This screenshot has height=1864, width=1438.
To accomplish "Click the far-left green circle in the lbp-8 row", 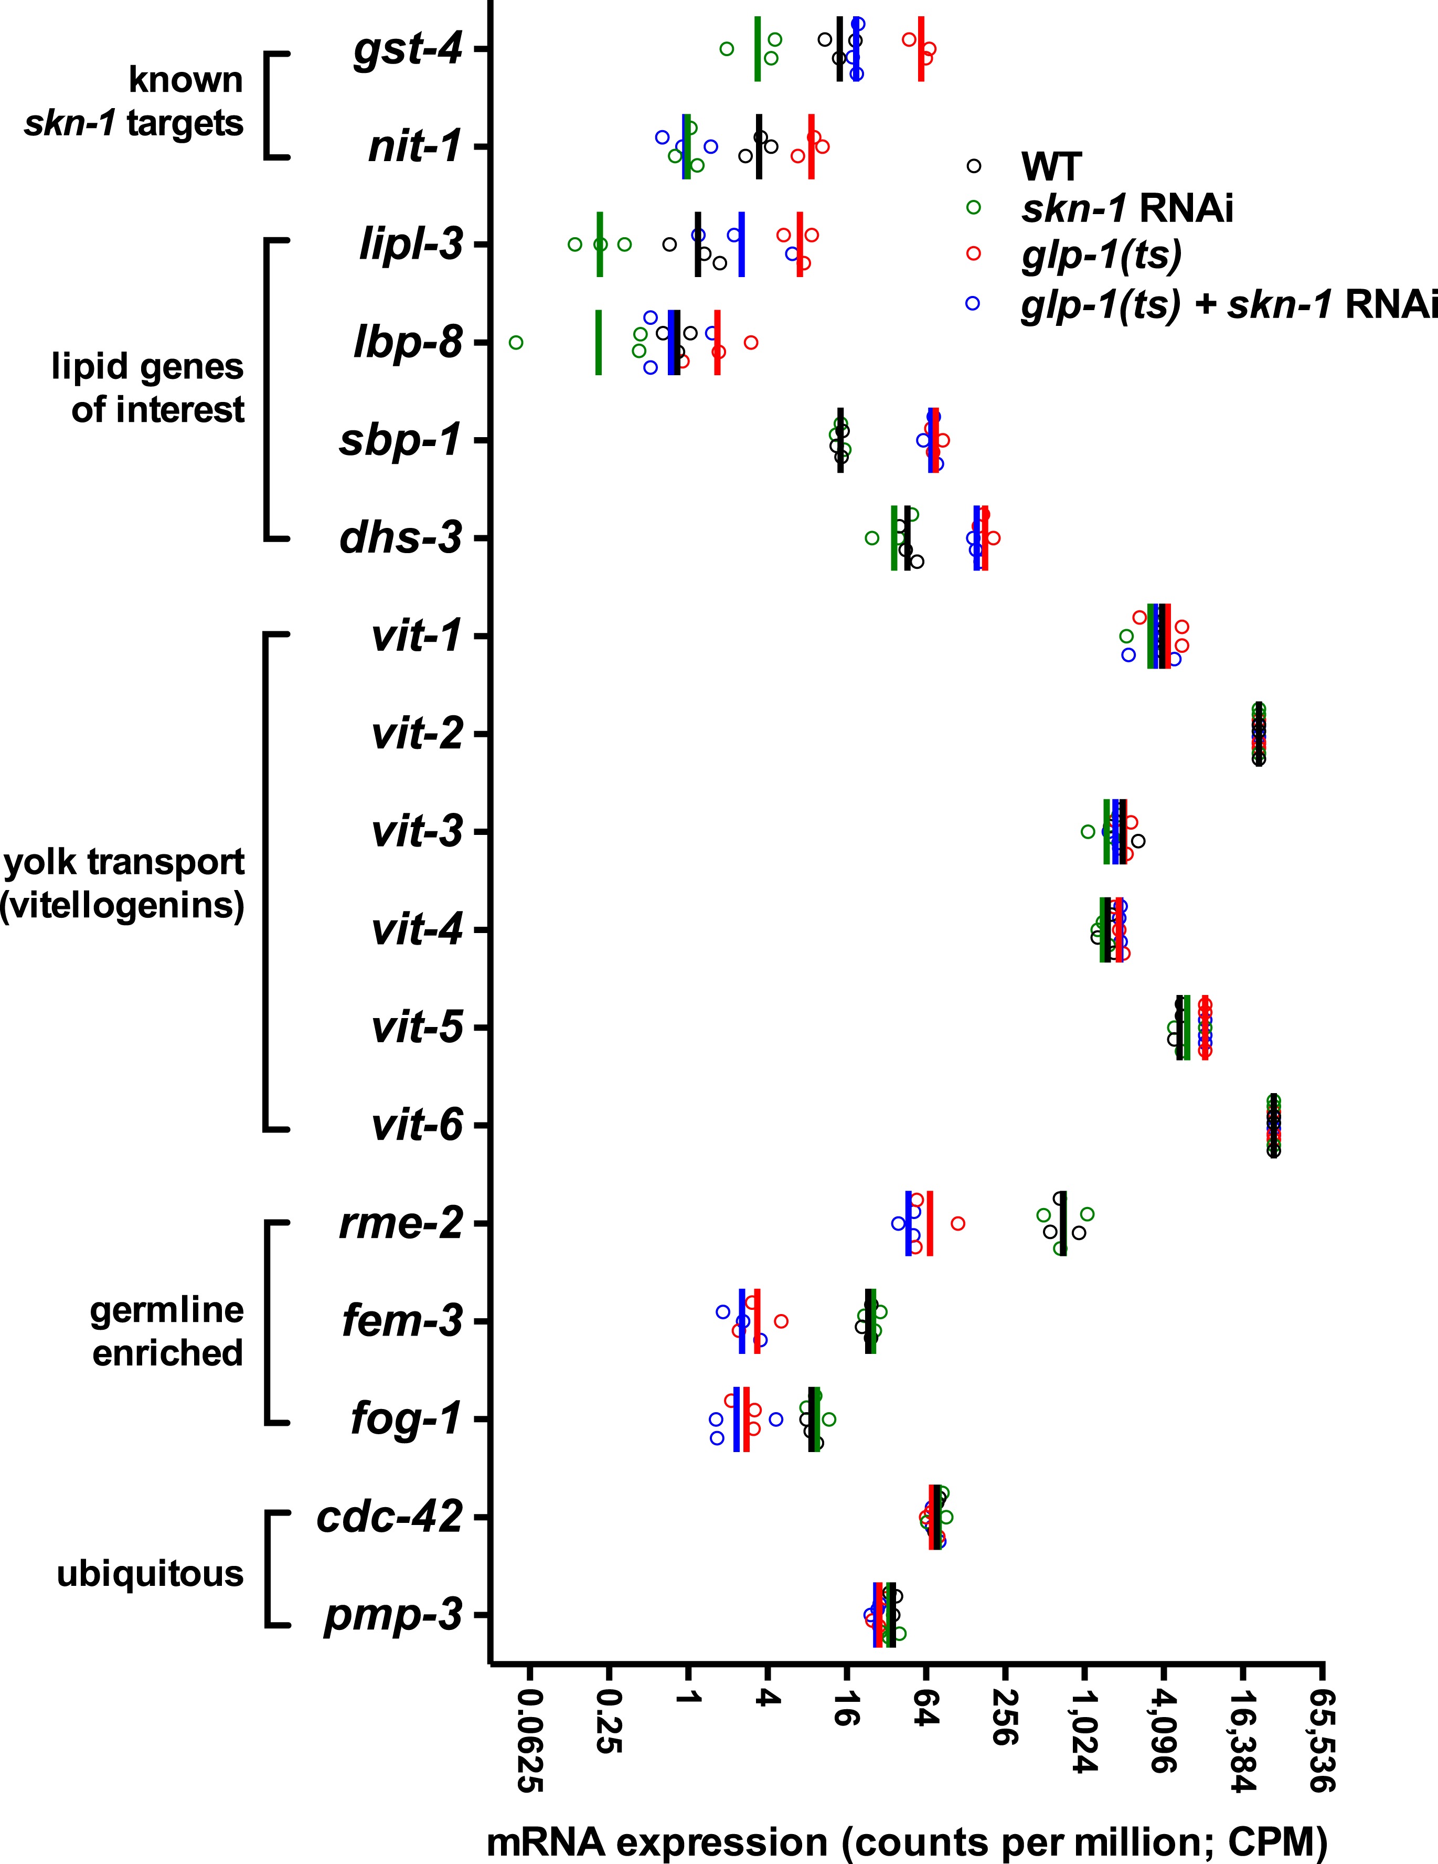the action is click(516, 342).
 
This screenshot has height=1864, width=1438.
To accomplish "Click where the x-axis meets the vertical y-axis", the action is click(491, 1662).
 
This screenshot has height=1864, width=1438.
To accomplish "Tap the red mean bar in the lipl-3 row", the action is click(800, 244).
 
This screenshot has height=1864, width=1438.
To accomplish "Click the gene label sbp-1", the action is click(401, 440).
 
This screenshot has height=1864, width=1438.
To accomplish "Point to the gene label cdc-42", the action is click(389, 1517).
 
